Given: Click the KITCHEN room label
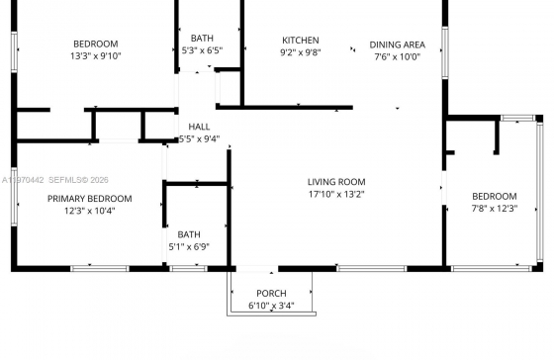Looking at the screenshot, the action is point(301,41).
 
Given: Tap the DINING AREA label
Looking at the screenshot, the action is point(397,45).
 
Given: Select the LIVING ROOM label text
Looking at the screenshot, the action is point(336,182).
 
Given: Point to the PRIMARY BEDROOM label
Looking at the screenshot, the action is point(90,199).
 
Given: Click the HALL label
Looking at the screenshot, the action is point(199,127).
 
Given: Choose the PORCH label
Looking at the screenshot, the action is point(271,294).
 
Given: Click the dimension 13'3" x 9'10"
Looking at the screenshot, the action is point(96,55).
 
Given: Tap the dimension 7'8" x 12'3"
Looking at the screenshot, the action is point(495,209).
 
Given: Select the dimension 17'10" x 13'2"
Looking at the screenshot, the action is point(336,194).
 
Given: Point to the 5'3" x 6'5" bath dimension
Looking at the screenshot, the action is point(202,50).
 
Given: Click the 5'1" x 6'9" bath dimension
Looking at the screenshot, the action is point(189,246).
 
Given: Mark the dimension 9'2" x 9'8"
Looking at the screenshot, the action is point(301,52).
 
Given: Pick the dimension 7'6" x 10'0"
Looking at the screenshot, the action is point(397,57).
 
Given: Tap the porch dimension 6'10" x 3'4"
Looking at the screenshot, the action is point(271,306).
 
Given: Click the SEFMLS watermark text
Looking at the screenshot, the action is point(78,180).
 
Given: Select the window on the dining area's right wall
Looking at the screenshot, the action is point(445,52).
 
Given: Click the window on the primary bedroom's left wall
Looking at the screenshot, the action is point(14,197).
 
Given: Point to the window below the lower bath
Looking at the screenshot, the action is point(188,269).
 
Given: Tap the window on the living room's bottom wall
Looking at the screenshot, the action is point(371,269).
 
